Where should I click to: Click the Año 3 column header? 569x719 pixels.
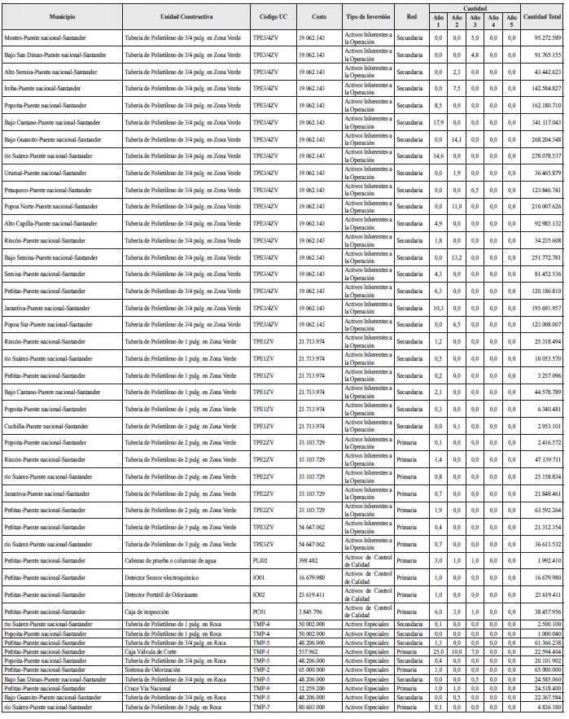click(474, 20)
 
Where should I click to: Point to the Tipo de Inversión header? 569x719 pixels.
click(368, 16)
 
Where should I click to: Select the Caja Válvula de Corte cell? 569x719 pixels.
click(151, 651)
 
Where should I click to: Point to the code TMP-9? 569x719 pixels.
click(261, 688)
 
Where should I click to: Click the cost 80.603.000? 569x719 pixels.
click(312, 706)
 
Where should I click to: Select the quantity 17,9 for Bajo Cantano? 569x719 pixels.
click(437, 122)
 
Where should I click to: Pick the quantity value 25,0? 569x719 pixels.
click(437, 651)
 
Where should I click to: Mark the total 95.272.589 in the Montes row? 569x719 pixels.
click(543, 37)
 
